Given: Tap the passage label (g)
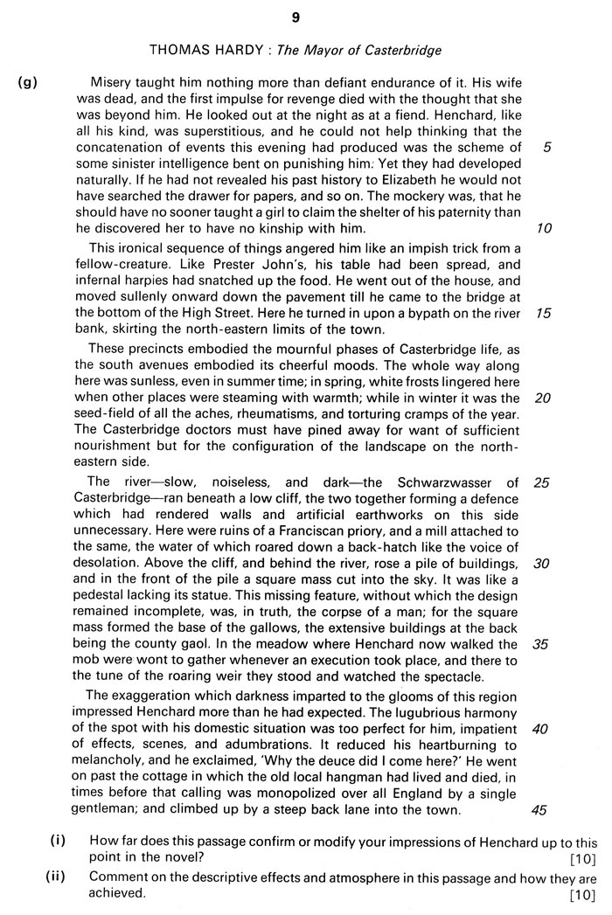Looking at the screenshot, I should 28,83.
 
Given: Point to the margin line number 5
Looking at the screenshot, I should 546,148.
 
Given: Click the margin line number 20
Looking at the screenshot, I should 543,398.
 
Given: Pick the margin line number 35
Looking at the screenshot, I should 541,644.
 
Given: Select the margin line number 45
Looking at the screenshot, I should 539,809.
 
